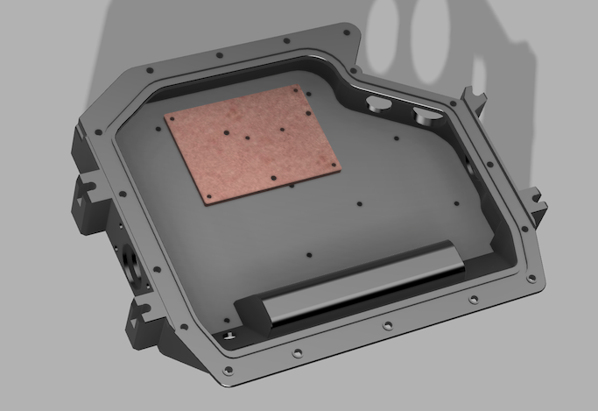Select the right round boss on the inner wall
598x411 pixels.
(x=426, y=113)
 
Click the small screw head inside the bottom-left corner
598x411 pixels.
(x=229, y=336)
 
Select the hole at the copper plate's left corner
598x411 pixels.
(x=173, y=118)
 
